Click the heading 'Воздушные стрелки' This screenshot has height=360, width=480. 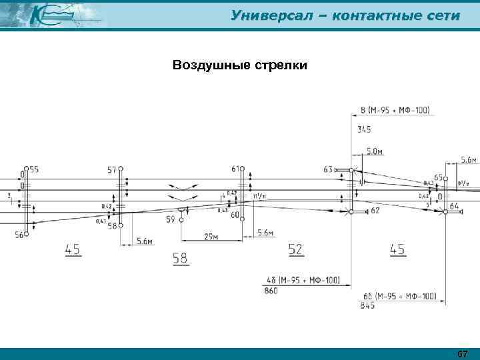pyautogui.click(x=239, y=65)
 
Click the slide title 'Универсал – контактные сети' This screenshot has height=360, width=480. pyautogui.click(x=345, y=15)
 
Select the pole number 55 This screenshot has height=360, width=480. pyautogui.click(x=34, y=170)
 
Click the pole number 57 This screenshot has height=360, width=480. pyautogui.click(x=111, y=170)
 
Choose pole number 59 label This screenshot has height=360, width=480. pyautogui.click(x=171, y=219)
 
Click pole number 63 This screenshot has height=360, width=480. pyautogui.click(x=327, y=170)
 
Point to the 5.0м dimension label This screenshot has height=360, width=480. pyautogui.click(x=375, y=152)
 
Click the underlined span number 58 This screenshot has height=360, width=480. pyautogui.click(x=180, y=257)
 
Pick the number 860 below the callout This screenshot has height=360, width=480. pyautogui.click(x=272, y=291)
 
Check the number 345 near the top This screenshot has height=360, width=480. pyautogui.click(x=365, y=129)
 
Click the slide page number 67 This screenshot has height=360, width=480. pyautogui.click(x=463, y=353)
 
